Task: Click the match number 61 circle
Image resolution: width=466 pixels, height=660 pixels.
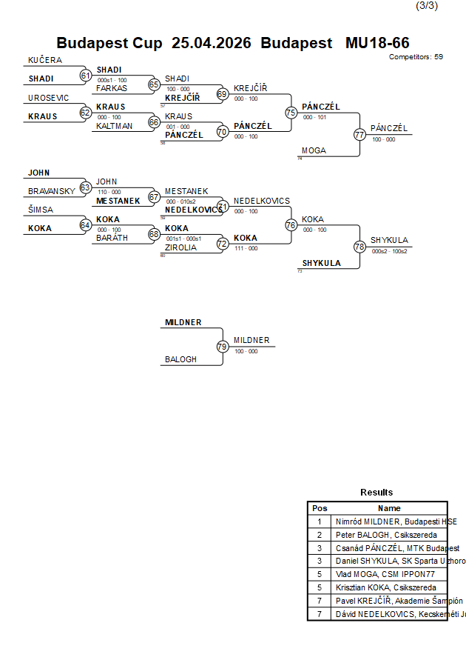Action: coord(85,76)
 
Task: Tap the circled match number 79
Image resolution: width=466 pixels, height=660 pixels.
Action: coord(222,346)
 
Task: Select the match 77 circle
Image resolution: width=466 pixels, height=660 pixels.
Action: coord(359,135)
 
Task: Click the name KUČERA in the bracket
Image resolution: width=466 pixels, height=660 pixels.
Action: coord(45,60)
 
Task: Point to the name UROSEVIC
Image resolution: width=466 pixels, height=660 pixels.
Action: coord(49,98)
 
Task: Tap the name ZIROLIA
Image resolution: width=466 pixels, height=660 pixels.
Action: coord(180,247)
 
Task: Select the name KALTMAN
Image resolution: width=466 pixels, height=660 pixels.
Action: coord(114,126)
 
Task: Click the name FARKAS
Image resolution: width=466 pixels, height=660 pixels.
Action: coord(112,88)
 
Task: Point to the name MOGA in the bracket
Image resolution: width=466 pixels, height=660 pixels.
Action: coord(314,150)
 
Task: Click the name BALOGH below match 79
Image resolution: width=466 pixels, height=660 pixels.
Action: coord(180,359)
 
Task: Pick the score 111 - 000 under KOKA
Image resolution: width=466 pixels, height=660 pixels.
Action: coord(246,248)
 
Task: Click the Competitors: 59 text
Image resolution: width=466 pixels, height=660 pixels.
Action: coord(416,56)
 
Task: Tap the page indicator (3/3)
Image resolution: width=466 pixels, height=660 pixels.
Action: coord(426,6)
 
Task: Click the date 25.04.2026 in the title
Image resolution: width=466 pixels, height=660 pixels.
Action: coord(212,43)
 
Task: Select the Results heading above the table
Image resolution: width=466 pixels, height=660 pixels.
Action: coord(376,492)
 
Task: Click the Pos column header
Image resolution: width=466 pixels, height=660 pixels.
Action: coord(320,508)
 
